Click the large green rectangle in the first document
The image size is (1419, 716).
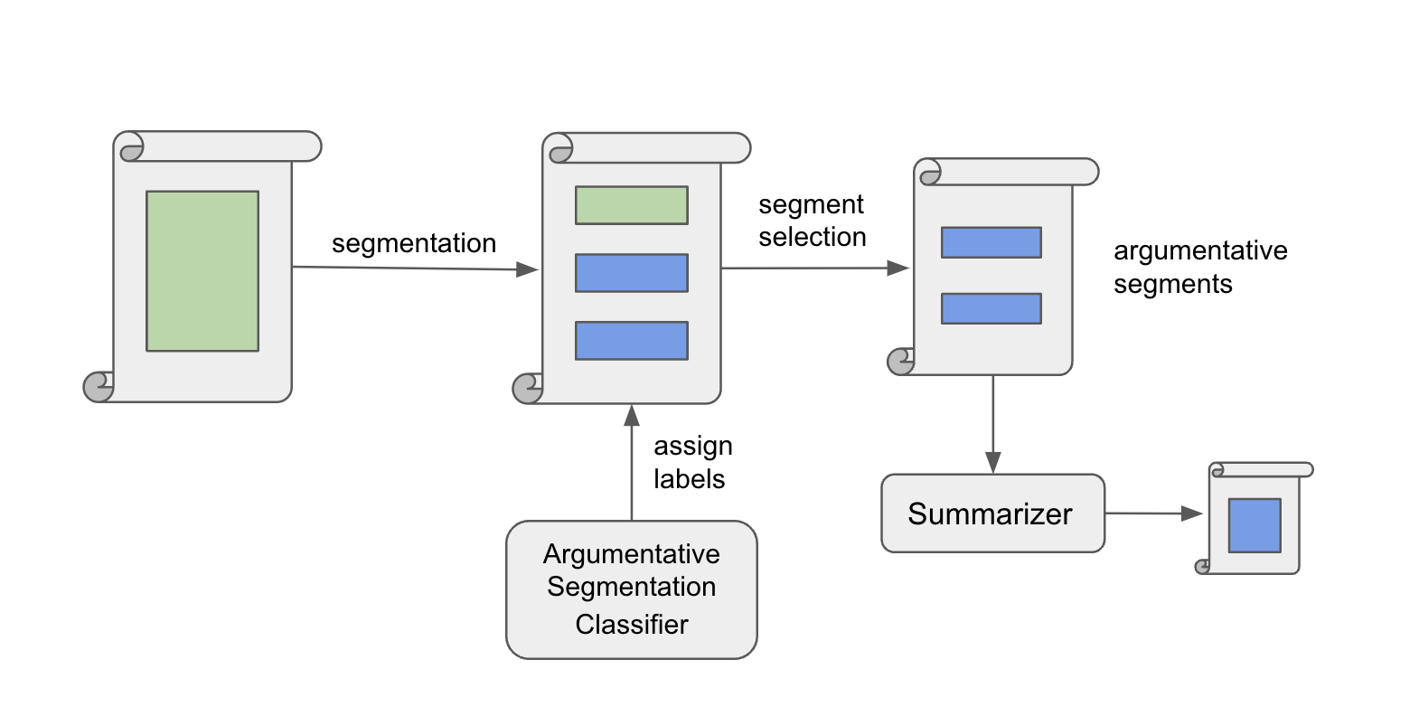pos(202,270)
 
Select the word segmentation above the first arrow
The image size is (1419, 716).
pos(414,243)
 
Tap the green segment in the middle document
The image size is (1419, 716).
pos(631,205)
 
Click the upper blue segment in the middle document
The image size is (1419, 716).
pos(631,273)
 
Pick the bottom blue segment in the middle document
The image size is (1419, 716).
pos(631,341)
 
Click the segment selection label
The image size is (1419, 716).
pos(812,221)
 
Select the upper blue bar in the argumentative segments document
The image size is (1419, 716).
pos(991,242)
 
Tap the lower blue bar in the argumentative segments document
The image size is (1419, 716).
pos(991,308)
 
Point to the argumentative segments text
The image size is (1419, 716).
pos(1199,267)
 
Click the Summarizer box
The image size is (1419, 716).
pos(992,513)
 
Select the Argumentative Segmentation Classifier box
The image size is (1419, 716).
pos(631,589)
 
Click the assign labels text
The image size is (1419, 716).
pos(692,462)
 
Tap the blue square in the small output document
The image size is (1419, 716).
pos(1255,525)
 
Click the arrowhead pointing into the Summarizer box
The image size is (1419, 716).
pos(993,463)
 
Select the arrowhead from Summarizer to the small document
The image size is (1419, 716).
pos(1192,513)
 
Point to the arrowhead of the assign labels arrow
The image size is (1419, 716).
pos(632,415)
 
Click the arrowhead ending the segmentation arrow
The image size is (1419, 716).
pos(527,269)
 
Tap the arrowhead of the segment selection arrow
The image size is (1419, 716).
pos(897,268)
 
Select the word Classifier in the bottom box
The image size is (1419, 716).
pos(631,625)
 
